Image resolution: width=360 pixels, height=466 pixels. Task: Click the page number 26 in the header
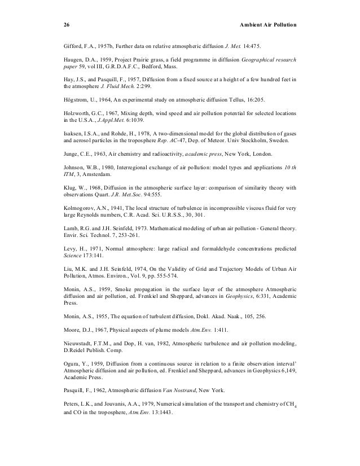66,25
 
